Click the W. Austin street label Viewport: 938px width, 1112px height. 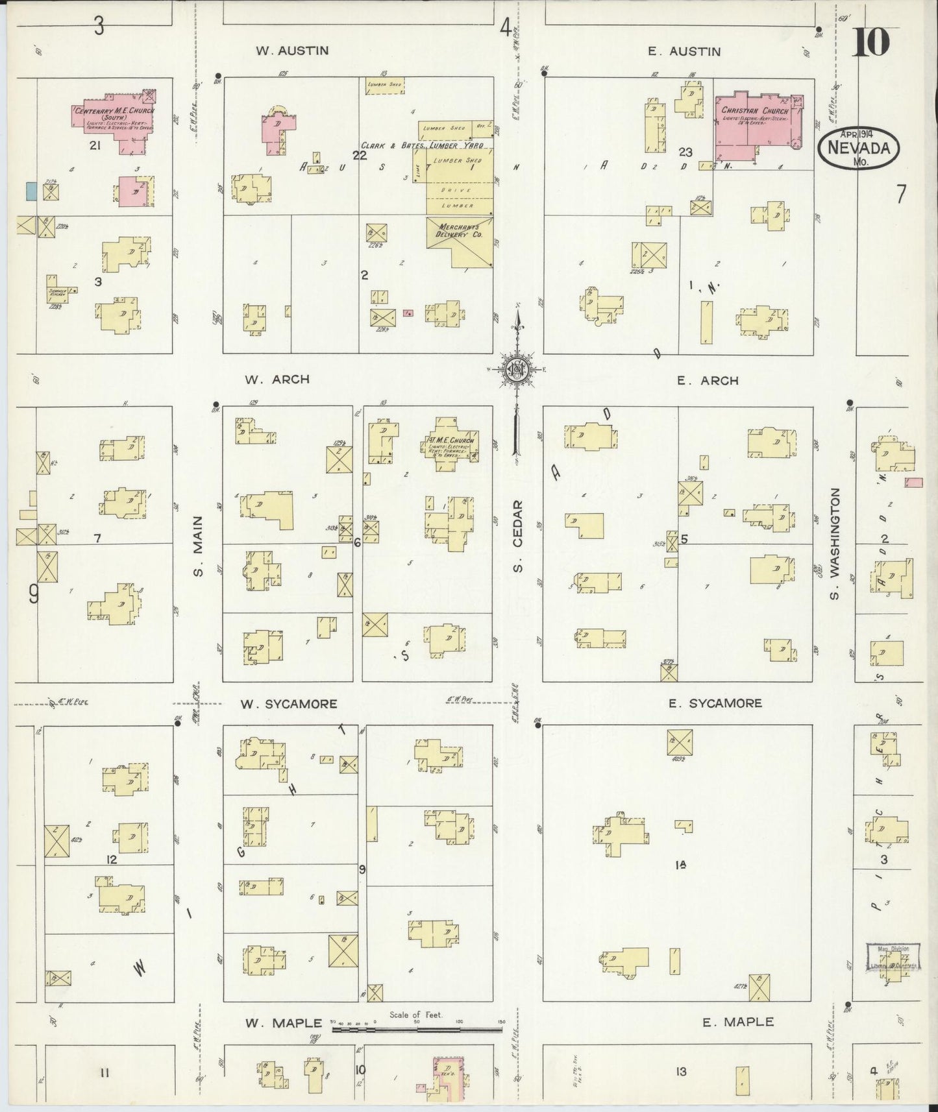click(292, 51)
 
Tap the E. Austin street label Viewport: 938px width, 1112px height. click(684, 51)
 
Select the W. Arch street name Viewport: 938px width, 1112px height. click(277, 380)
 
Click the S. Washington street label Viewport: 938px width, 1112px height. click(835, 544)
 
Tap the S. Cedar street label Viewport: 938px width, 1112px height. click(518, 537)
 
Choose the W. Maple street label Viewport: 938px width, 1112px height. click(283, 1022)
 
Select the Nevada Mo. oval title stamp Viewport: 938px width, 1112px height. click(859, 147)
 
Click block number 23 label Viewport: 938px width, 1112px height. click(685, 152)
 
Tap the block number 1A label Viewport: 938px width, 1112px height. click(680, 865)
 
